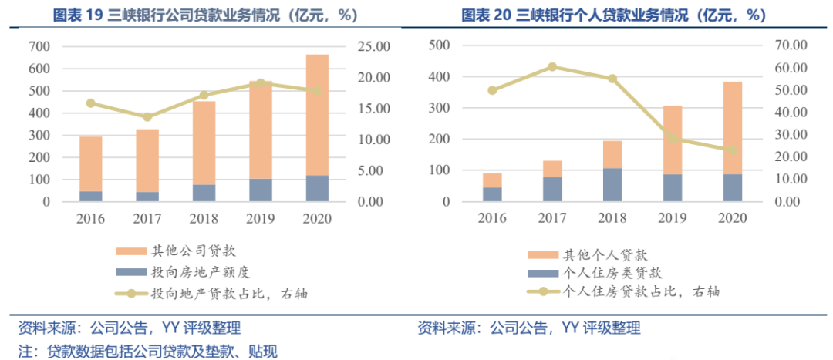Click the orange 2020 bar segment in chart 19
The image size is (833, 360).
(317, 116)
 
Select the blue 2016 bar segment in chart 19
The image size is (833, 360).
(91, 196)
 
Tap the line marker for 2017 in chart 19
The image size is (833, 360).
(147, 117)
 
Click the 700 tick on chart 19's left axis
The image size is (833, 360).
(40, 47)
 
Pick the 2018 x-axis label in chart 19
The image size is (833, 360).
(204, 218)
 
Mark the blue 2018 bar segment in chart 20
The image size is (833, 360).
(612, 184)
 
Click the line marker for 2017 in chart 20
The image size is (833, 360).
(552, 67)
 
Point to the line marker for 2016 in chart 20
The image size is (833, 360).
(492, 90)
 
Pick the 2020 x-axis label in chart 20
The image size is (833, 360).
(733, 218)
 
